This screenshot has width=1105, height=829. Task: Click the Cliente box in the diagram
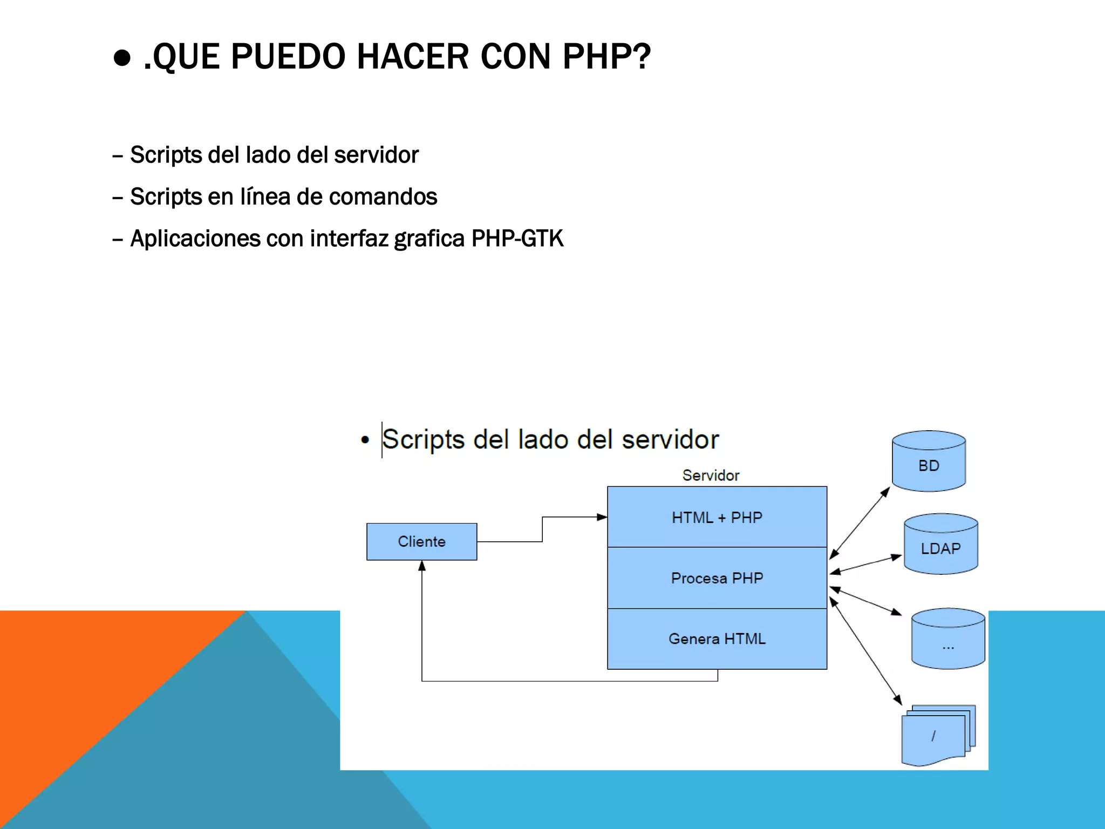tap(421, 541)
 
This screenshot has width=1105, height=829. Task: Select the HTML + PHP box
tap(717, 517)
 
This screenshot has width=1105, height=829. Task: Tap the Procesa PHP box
tap(717, 578)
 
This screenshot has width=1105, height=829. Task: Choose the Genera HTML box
tap(717, 639)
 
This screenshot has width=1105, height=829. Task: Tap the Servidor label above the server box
tap(711, 475)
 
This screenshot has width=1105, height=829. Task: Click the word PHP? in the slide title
tap(606, 56)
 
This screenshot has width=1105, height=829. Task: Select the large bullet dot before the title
tap(122, 58)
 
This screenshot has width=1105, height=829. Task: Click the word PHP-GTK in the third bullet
tap(517, 239)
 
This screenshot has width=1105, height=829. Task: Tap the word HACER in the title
tap(413, 56)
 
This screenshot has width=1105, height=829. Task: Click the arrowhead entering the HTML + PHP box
tap(602, 517)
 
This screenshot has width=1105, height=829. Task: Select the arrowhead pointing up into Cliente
tap(422, 566)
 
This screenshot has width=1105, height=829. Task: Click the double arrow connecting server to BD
tap(860, 523)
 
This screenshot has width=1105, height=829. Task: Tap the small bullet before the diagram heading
tap(365, 440)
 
